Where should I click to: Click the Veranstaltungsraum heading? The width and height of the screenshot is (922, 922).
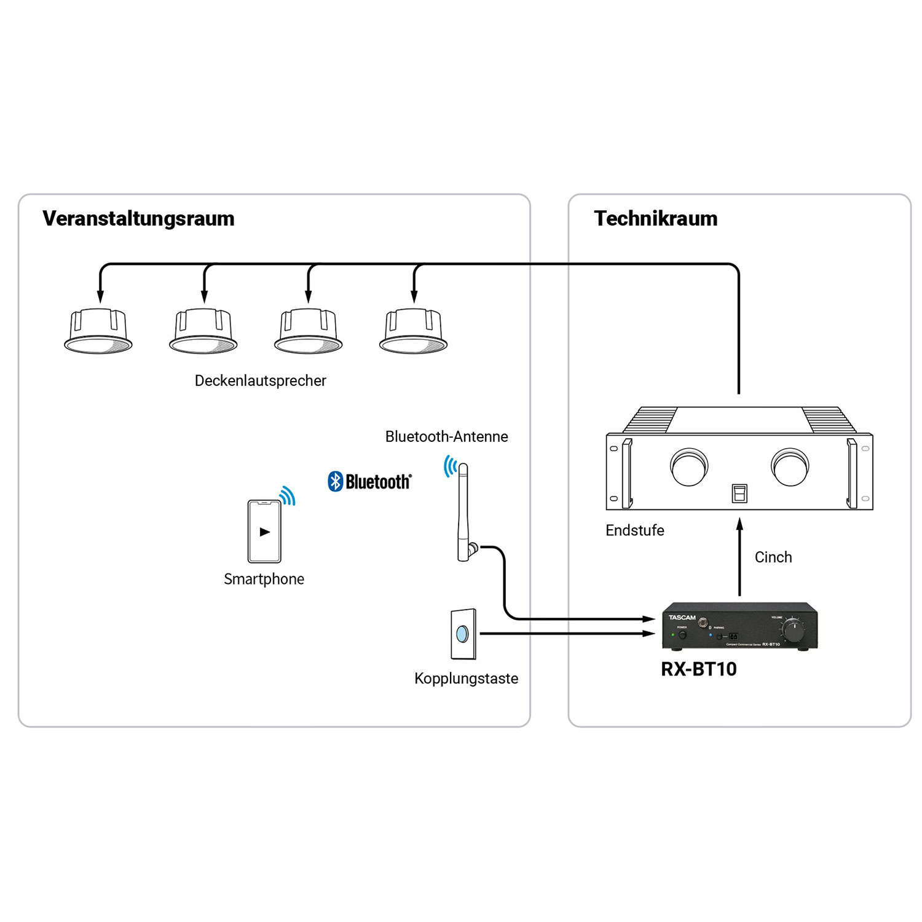click(138, 219)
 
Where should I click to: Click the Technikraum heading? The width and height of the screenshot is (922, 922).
click(655, 219)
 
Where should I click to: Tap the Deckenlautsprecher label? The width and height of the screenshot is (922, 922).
click(260, 380)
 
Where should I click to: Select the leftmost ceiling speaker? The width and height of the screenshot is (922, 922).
click(98, 332)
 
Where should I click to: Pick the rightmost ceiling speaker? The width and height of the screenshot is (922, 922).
click(413, 332)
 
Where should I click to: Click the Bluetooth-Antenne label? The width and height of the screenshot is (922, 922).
click(446, 436)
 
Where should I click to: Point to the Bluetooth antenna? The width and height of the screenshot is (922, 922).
click(463, 513)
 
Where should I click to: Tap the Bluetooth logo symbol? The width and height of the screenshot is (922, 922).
click(335, 481)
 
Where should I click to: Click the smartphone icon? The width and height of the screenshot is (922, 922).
click(264, 531)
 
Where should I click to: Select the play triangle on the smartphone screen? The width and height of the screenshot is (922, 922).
click(265, 532)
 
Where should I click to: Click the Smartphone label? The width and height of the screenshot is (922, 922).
click(264, 579)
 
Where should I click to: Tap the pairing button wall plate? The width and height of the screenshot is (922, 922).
click(463, 634)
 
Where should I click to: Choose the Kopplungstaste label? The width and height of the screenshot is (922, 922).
click(466, 679)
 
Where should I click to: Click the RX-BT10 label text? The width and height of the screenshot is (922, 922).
click(698, 669)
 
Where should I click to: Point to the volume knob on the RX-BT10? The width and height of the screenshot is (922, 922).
click(793, 631)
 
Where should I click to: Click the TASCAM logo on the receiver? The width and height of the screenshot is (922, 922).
click(682, 617)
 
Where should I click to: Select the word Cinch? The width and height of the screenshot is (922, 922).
click(773, 557)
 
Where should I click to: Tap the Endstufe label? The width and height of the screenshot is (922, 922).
click(634, 530)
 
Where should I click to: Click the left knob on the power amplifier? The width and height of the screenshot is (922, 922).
click(689, 467)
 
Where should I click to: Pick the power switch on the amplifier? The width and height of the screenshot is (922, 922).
click(739, 493)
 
